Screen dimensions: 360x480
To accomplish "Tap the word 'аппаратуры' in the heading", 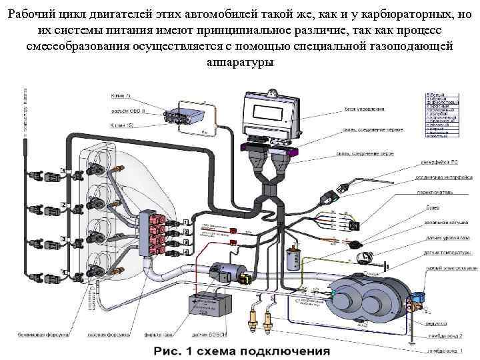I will click(239, 62).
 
